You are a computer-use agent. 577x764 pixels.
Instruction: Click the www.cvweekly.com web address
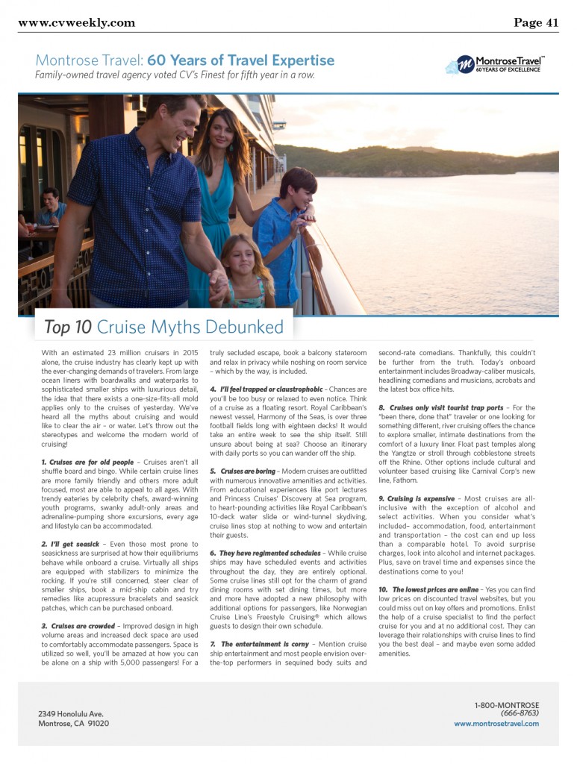tap(76, 22)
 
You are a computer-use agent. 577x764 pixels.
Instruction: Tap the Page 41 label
tap(536, 22)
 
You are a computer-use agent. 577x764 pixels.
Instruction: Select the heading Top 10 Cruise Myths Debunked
tap(163, 327)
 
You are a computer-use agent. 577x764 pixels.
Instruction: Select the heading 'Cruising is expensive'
tap(419, 498)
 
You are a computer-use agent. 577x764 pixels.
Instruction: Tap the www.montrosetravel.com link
tap(496, 724)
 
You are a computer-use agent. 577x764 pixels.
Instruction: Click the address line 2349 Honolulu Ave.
tap(71, 714)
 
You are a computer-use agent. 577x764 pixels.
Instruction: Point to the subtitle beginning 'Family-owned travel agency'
tap(175, 75)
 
